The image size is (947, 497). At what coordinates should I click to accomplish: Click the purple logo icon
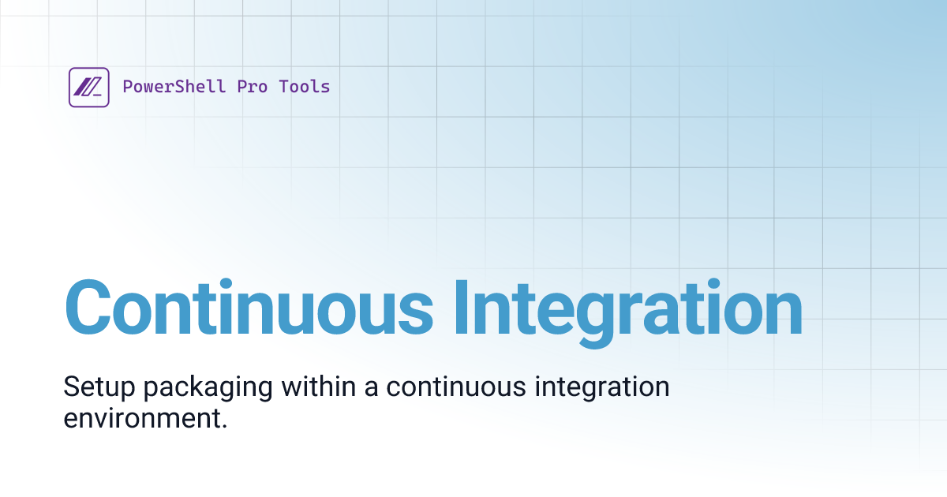pos(88,87)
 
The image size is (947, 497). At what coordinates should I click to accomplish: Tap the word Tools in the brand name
pos(305,87)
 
